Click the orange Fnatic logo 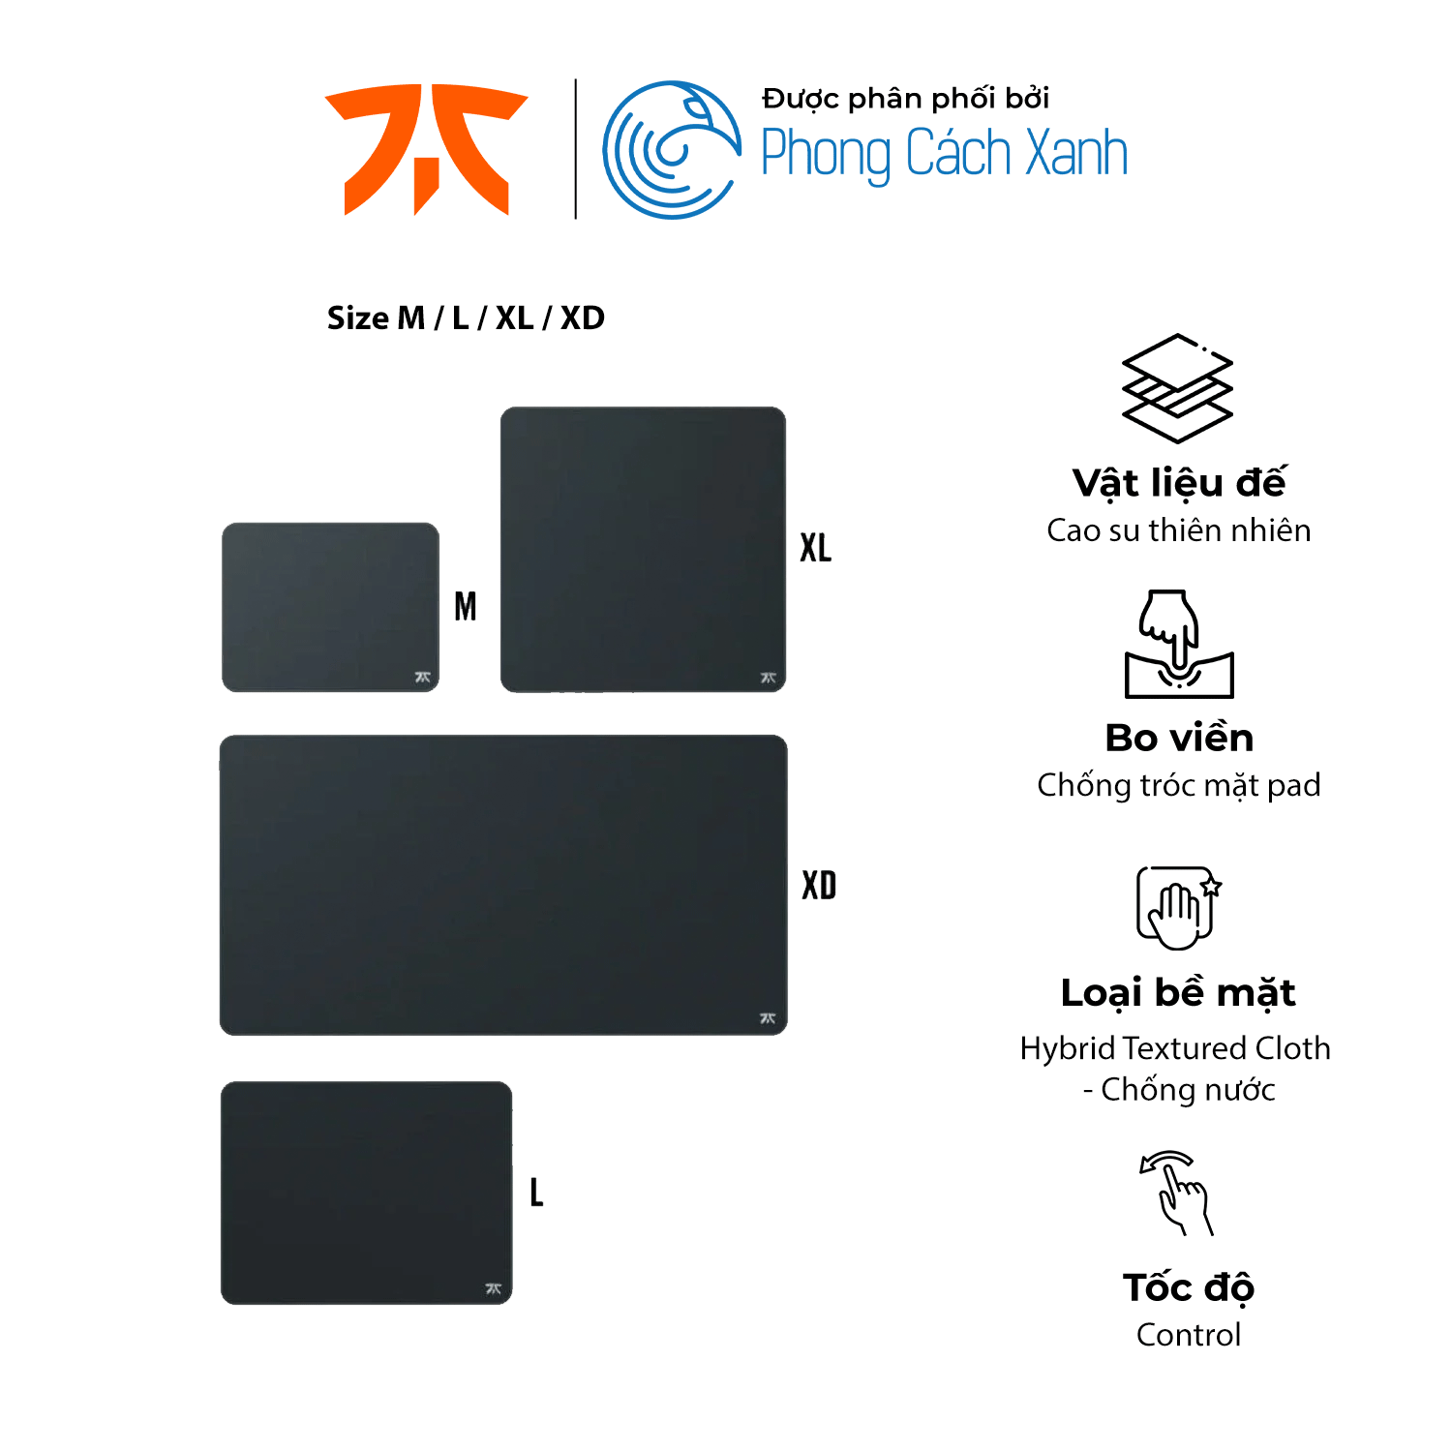pyautogui.click(x=426, y=149)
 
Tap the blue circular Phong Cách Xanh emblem pyautogui.click(x=672, y=150)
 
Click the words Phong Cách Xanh pyautogui.click(x=944, y=154)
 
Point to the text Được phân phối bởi pyautogui.click(x=905, y=99)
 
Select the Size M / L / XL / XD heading pyautogui.click(x=466, y=318)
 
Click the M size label pyautogui.click(x=466, y=607)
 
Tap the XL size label pyautogui.click(x=816, y=548)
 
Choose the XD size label pyautogui.click(x=819, y=886)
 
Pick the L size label pyautogui.click(x=536, y=1192)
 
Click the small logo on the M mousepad pyautogui.click(x=423, y=678)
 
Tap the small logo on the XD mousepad pyautogui.click(x=768, y=1018)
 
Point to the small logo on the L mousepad pyautogui.click(x=493, y=1288)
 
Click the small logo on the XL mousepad pyautogui.click(x=769, y=678)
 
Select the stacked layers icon pyautogui.click(x=1177, y=388)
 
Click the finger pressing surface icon pyautogui.click(x=1179, y=644)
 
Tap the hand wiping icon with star pyautogui.click(x=1178, y=907)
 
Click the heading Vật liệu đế pyautogui.click(x=1179, y=483)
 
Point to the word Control pyautogui.click(x=1189, y=1335)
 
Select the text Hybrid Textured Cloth pyautogui.click(x=1175, y=1048)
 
